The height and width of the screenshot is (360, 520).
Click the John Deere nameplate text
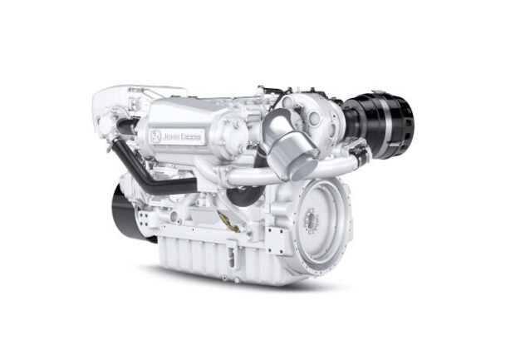[182, 137]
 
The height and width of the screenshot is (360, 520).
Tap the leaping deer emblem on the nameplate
[155, 136]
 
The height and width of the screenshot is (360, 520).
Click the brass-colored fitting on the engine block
[228, 222]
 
